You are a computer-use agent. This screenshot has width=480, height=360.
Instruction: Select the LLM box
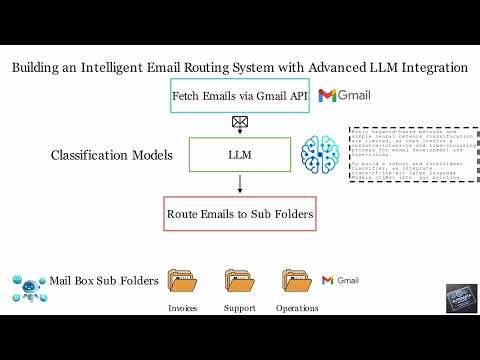click(x=240, y=155)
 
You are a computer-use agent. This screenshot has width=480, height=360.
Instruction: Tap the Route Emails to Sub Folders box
click(x=239, y=213)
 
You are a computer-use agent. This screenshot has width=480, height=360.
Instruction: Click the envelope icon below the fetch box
click(x=240, y=124)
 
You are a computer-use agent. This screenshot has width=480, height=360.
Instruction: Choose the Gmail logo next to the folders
click(x=340, y=280)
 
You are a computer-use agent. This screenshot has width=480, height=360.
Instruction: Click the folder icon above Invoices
click(x=183, y=281)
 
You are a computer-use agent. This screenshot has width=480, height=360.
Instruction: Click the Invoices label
click(x=183, y=307)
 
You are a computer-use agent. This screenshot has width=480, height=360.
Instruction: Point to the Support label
click(x=240, y=307)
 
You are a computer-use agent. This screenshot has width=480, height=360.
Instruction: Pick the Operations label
click(x=297, y=307)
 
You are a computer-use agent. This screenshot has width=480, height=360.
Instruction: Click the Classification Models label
click(x=111, y=156)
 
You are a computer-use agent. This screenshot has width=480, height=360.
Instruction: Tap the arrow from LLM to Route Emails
click(x=240, y=184)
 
